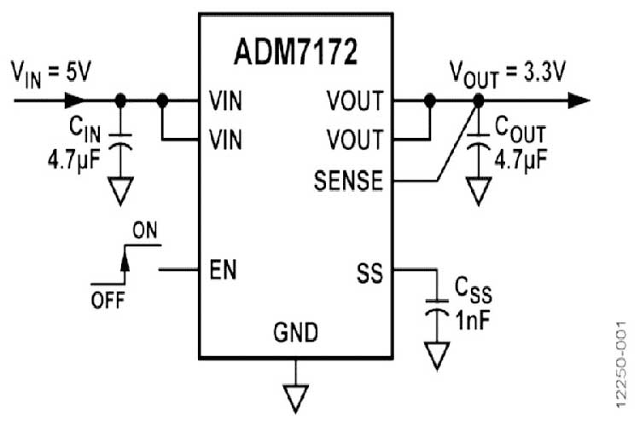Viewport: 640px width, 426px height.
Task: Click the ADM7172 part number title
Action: click(295, 52)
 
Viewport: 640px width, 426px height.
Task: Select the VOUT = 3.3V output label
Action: click(508, 72)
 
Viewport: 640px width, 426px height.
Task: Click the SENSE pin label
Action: click(348, 181)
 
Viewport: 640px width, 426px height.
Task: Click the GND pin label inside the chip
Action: click(296, 330)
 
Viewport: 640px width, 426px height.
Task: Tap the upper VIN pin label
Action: click(225, 101)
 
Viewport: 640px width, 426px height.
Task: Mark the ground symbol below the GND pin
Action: click(296, 394)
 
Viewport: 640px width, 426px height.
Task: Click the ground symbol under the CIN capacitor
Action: click(121, 192)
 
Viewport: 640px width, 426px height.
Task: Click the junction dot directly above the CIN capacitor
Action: click(121, 101)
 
